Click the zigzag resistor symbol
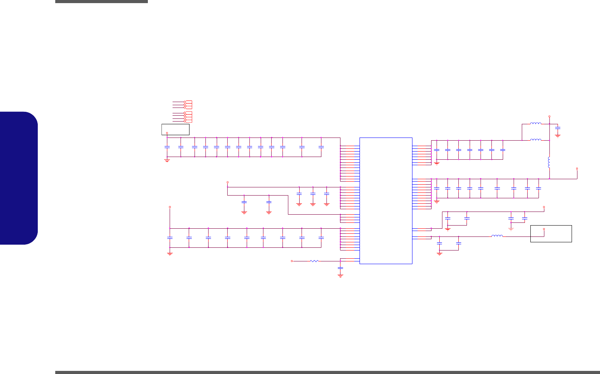click(x=314, y=261)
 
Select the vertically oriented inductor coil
click(x=549, y=162)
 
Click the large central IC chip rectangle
click(x=386, y=201)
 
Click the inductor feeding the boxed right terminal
click(x=497, y=236)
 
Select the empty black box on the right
click(x=551, y=234)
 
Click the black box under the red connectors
click(x=175, y=129)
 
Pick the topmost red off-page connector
click(x=188, y=102)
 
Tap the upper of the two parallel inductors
click(x=535, y=124)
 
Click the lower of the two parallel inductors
click(x=535, y=140)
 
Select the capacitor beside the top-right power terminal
click(x=558, y=128)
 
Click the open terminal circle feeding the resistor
click(x=292, y=261)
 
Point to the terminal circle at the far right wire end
click(x=577, y=169)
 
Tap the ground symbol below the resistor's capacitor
click(x=340, y=275)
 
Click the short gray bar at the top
click(x=102, y=2)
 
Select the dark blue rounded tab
click(x=19, y=178)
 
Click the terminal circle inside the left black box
click(x=167, y=133)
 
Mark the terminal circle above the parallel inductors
click(x=549, y=116)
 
